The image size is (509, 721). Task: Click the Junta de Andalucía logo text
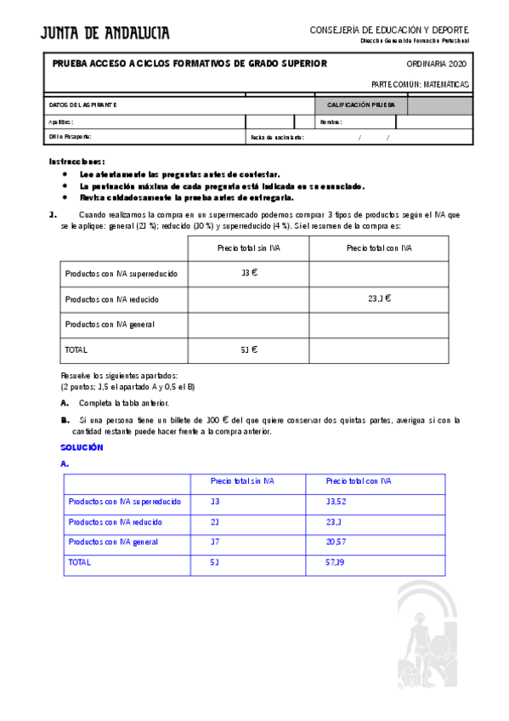click(x=105, y=33)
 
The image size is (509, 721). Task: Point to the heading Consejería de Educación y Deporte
click(x=389, y=30)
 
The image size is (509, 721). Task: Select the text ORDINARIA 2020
click(x=436, y=64)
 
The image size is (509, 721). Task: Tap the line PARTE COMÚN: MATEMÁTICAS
click(x=420, y=84)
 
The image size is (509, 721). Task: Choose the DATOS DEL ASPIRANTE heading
click(x=83, y=105)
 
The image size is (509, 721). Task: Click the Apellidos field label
click(x=62, y=122)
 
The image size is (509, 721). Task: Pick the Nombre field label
click(x=331, y=122)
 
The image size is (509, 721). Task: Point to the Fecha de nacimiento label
click(x=277, y=137)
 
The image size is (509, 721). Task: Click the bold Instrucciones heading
click(x=77, y=161)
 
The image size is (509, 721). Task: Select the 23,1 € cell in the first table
click(x=379, y=298)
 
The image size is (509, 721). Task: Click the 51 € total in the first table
click(x=249, y=349)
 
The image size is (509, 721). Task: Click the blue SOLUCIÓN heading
click(x=82, y=447)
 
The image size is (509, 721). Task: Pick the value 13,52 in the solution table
click(x=337, y=502)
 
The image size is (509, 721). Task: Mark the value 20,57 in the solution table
click(x=337, y=542)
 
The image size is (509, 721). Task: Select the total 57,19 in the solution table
click(x=336, y=562)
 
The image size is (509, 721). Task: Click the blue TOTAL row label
click(x=79, y=562)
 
